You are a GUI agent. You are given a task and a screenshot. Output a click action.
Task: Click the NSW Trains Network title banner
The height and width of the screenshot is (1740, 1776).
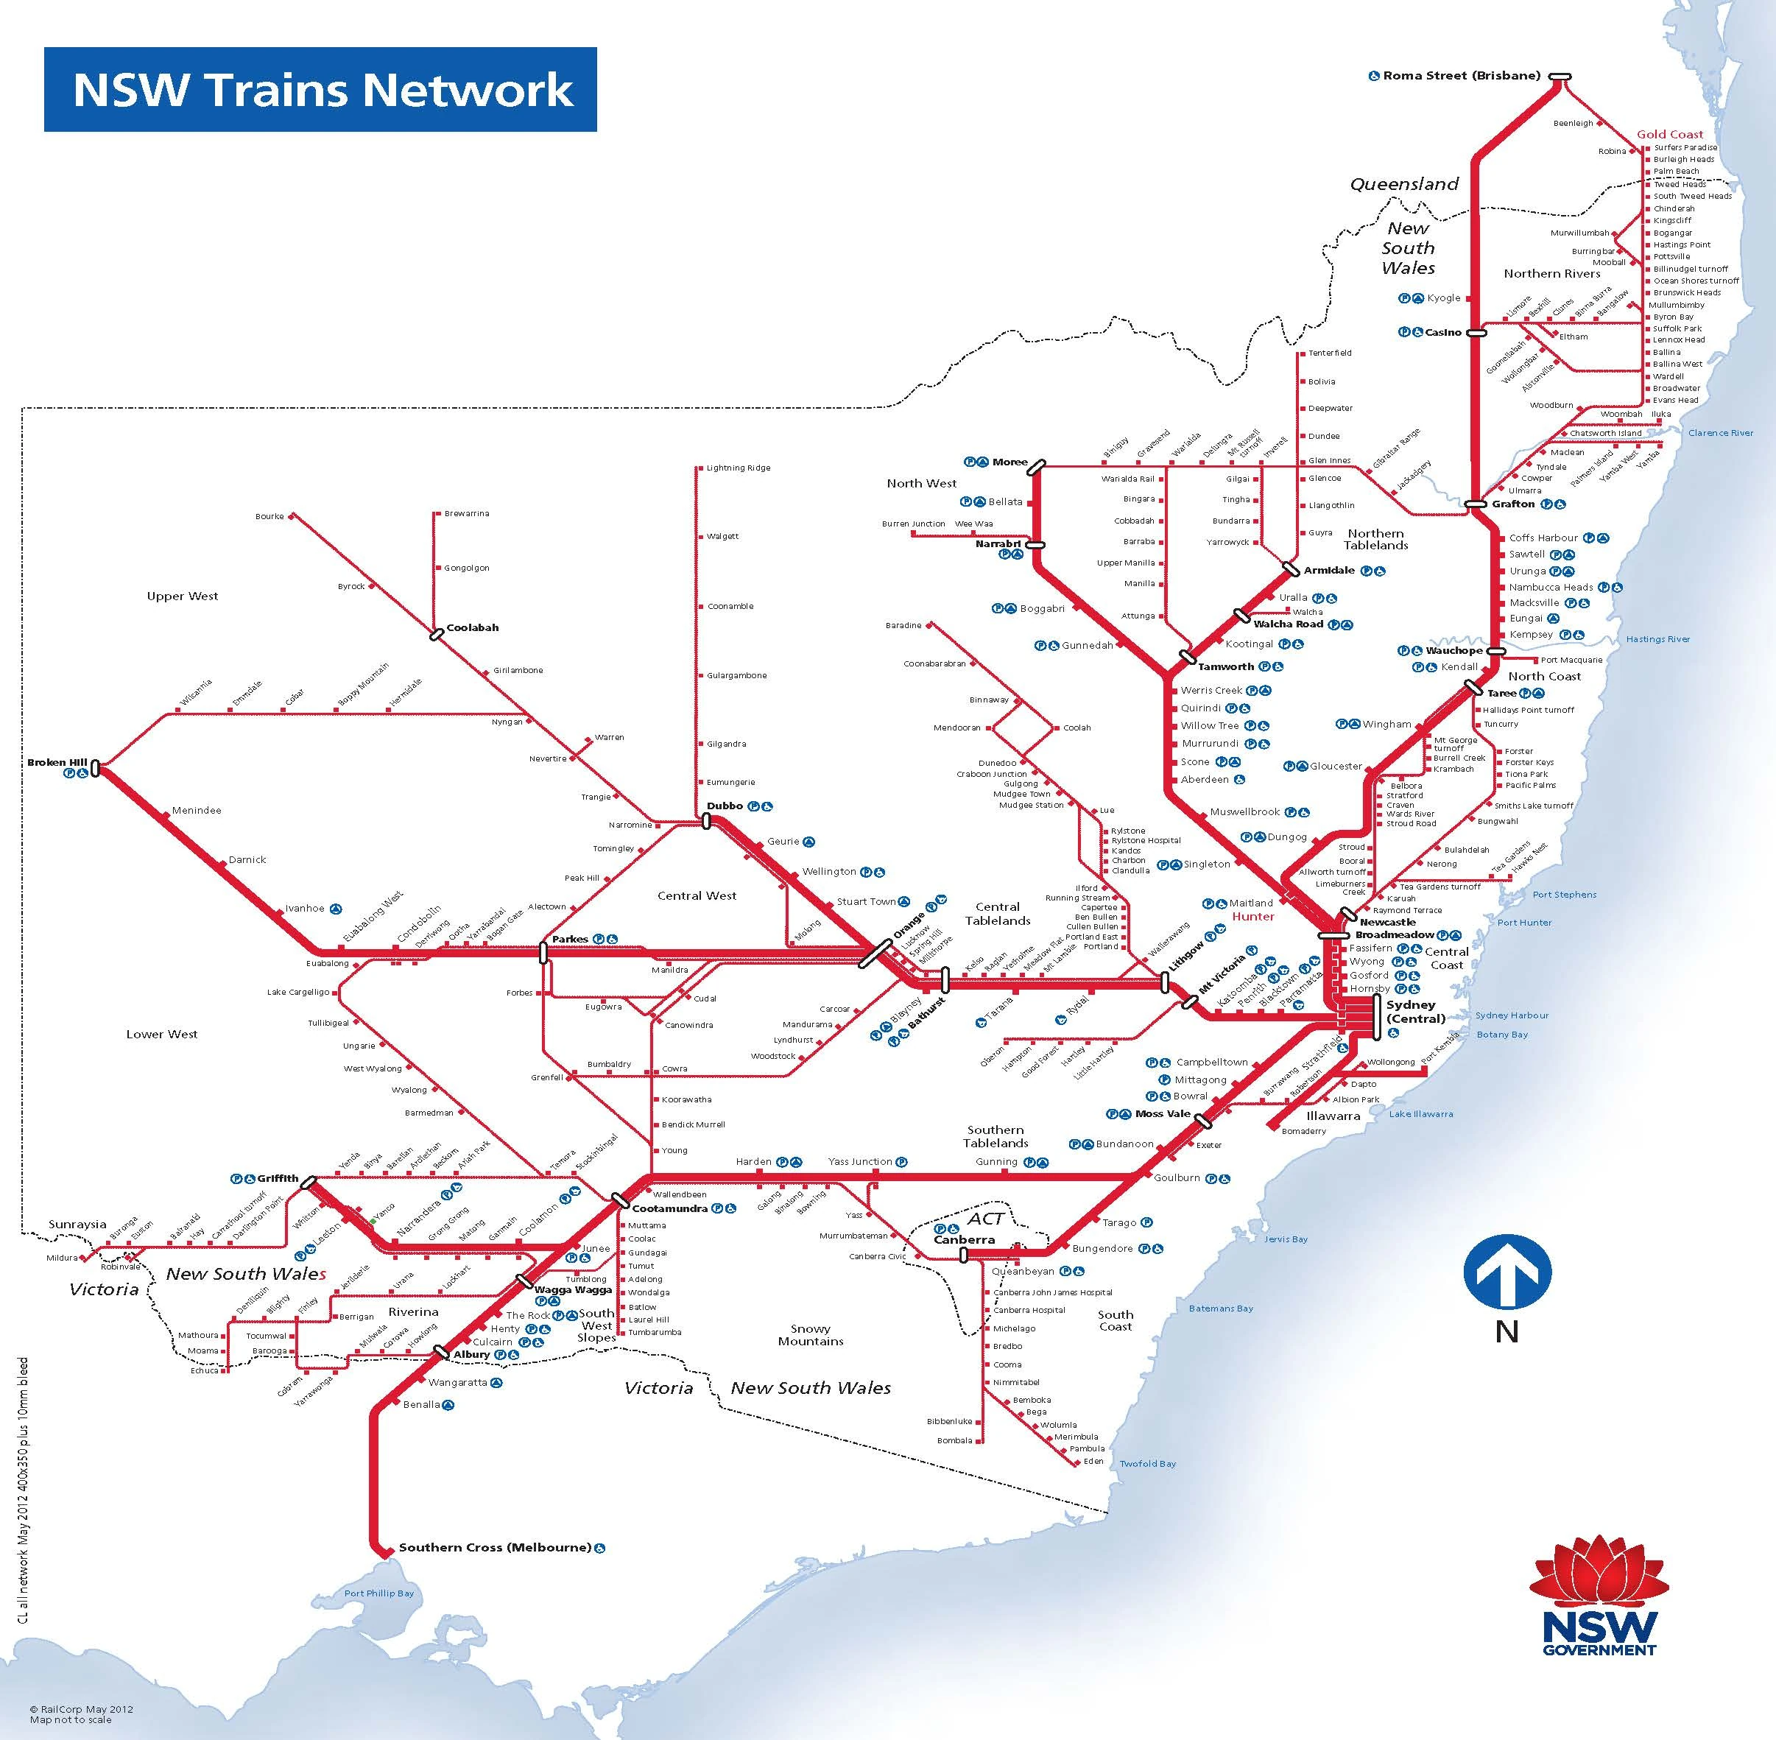[320, 90]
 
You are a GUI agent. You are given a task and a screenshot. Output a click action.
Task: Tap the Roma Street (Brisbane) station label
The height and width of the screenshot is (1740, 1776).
[1461, 76]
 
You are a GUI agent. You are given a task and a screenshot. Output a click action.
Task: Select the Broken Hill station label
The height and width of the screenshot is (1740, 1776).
[57, 762]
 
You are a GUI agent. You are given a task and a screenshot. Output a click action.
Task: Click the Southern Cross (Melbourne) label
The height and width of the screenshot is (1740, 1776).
[495, 1548]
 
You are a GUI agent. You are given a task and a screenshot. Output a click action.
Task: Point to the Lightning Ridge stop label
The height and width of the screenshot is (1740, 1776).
[738, 468]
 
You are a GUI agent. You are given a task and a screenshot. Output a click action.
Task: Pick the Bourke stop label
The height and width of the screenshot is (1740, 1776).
[269, 516]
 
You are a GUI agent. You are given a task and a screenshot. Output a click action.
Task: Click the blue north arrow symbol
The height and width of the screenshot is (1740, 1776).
[1507, 1272]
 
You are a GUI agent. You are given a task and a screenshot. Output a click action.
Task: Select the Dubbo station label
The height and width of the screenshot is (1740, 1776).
[725, 806]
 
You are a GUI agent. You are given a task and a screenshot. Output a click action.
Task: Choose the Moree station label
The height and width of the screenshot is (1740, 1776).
[1010, 462]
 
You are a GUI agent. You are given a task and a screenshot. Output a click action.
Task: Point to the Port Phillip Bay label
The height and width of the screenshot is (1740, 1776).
[378, 1593]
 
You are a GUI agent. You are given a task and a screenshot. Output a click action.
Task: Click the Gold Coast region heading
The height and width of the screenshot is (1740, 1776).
[1670, 134]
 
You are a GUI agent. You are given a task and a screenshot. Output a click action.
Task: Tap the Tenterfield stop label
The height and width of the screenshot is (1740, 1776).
[1329, 353]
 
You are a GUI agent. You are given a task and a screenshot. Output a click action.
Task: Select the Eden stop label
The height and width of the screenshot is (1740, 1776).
[1093, 1461]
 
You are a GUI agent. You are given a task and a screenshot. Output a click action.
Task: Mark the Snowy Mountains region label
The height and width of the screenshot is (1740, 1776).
[811, 1335]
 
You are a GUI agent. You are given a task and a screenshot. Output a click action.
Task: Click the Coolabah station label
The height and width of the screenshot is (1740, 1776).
[472, 628]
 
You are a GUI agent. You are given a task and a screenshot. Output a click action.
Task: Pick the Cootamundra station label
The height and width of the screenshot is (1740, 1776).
[670, 1208]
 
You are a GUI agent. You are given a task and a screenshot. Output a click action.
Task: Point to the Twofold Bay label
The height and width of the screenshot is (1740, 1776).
[1147, 1463]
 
